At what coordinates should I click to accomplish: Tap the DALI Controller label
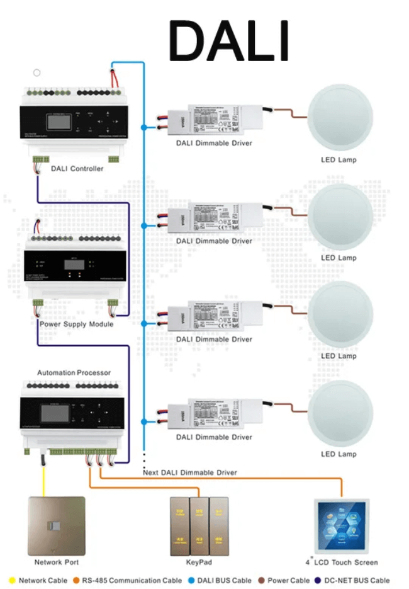(77, 168)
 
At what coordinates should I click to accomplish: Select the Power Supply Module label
(76, 324)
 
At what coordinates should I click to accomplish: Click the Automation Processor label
(74, 372)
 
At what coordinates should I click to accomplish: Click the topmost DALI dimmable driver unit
(214, 119)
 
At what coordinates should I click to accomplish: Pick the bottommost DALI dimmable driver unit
(214, 413)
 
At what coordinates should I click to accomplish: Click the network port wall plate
(57, 526)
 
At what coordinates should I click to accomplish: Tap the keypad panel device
(198, 526)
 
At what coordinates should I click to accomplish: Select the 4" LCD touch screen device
(342, 526)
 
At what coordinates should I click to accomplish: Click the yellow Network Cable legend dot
(11, 580)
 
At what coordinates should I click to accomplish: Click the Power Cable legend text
(289, 580)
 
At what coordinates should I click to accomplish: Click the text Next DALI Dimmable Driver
(190, 472)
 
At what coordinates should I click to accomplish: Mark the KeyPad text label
(198, 562)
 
